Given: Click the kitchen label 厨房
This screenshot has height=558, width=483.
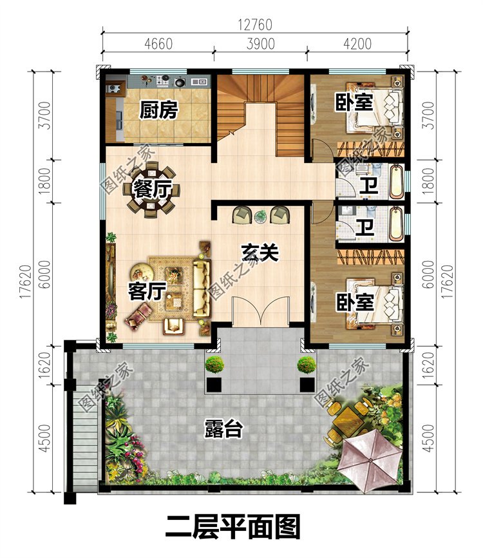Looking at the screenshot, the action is [x=158, y=110].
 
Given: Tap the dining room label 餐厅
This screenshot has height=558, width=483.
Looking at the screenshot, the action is [x=153, y=189].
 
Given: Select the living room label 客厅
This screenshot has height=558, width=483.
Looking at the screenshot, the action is [x=147, y=292].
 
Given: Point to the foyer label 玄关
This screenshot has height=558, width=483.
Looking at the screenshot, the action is [x=260, y=253].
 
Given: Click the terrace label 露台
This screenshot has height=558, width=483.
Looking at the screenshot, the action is [x=223, y=429].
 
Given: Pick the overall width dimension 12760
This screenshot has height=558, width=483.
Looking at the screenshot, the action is [x=255, y=25].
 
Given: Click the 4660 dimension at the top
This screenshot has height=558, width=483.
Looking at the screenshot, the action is [x=158, y=44].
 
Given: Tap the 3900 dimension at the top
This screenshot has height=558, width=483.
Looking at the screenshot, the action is [x=261, y=44].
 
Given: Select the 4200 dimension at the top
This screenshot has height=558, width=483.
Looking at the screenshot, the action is [x=357, y=44].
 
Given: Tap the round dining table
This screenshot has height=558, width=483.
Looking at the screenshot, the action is [x=152, y=189].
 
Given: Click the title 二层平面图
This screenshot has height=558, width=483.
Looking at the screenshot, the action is [x=233, y=528].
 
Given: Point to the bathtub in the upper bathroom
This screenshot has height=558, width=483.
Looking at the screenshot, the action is [x=397, y=182].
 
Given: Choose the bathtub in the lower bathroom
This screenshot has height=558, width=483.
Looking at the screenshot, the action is [x=397, y=224].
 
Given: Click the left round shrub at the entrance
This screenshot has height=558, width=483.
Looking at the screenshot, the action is [x=214, y=365].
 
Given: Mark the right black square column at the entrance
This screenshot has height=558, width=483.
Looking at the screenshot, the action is [x=307, y=385].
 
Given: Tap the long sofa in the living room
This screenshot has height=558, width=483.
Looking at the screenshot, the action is [x=202, y=288].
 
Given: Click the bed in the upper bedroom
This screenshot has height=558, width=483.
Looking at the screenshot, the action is [x=375, y=108].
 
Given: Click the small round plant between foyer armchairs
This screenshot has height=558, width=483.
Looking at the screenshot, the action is [x=260, y=216].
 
